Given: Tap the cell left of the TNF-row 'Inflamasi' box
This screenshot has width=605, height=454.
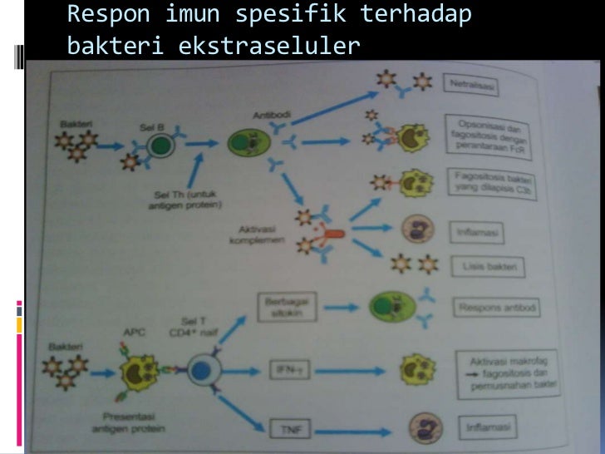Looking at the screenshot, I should pyautogui.click(x=424, y=430).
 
